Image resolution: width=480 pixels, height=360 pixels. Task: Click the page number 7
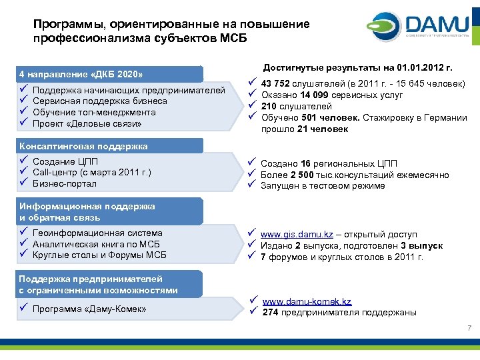click(469, 327)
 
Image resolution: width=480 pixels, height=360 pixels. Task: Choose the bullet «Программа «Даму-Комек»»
click(89, 309)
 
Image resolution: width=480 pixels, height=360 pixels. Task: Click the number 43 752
click(275, 84)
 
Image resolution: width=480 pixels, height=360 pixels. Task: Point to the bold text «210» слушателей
click(269, 107)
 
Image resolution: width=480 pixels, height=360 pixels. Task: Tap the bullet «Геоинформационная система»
click(97, 233)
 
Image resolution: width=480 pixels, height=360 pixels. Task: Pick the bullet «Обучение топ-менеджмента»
click(94, 112)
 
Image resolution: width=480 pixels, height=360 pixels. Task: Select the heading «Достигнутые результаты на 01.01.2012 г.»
click(358, 68)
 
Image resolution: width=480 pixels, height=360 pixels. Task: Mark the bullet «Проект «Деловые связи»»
click(87, 123)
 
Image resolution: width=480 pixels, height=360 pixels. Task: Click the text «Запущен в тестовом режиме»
click(323, 186)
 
